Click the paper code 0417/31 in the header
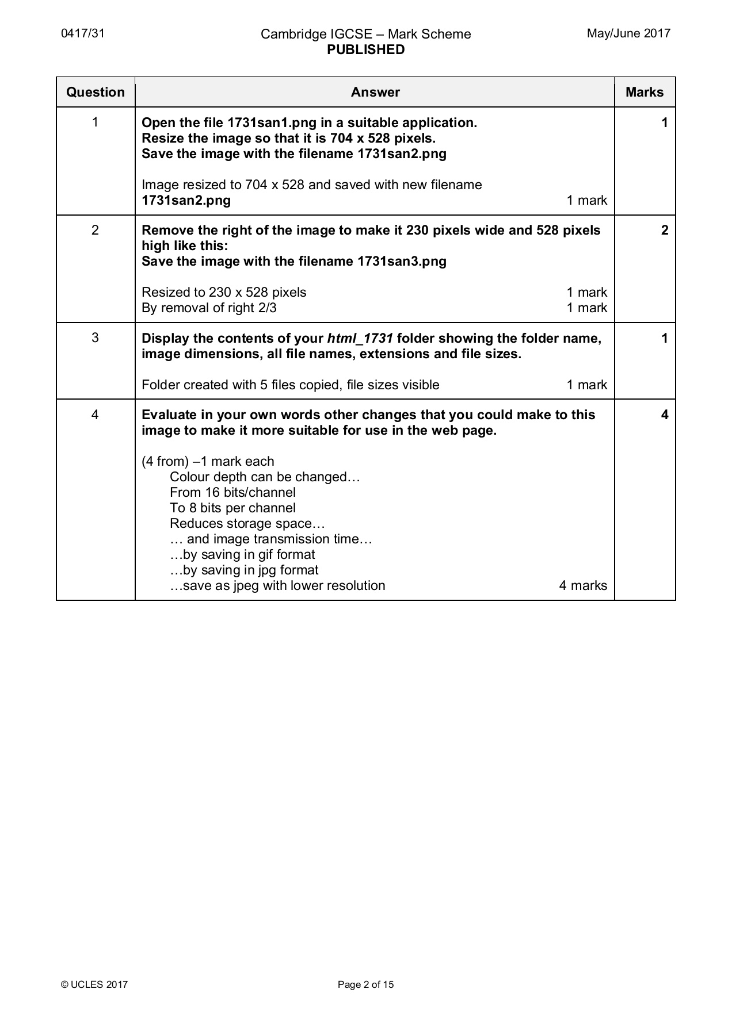pyautogui.click(x=83, y=33)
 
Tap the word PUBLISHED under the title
pyautogui.click(x=365, y=50)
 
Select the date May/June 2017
pyautogui.click(x=628, y=33)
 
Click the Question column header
pyautogui.click(x=96, y=92)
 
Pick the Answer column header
pyautogui.click(x=375, y=92)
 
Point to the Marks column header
pyautogui.click(x=645, y=92)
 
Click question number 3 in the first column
pyautogui.click(x=95, y=338)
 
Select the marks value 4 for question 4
pyautogui.click(x=665, y=415)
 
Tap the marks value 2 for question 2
pyautogui.click(x=665, y=231)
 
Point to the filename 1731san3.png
pyautogui.click(x=402, y=262)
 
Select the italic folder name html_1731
pyautogui.click(x=360, y=338)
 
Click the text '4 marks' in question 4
pyautogui.click(x=583, y=586)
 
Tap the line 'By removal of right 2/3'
pyautogui.click(x=209, y=308)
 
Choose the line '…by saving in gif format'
pyautogui.click(x=242, y=555)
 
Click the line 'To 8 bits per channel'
pyautogui.click(x=232, y=508)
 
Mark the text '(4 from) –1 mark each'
pyautogui.click(x=208, y=462)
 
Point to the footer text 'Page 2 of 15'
pyautogui.click(x=365, y=984)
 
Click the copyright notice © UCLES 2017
pyautogui.click(x=94, y=984)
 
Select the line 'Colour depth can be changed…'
pyautogui.click(x=265, y=477)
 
